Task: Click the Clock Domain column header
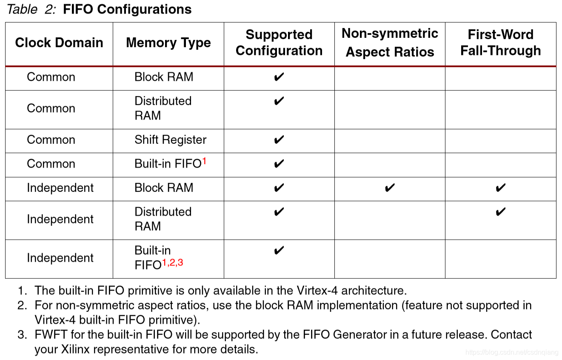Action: (x=59, y=43)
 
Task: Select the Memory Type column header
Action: (x=168, y=43)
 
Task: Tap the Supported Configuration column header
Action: (x=279, y=43)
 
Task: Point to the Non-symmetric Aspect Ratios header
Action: (x=390, y=43)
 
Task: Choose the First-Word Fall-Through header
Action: (x=500, y=43)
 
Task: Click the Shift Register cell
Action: (x=170, y=140)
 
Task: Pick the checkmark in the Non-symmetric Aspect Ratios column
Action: (x=390, y=188)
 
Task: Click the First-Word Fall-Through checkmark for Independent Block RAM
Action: (x=501, y=188)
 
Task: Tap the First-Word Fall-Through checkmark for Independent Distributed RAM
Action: (x=501, y=212)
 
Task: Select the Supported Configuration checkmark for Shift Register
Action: (x=279, y=140)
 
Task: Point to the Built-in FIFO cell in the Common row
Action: (x=168, y=164)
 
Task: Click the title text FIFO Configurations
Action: (x=127, y=9)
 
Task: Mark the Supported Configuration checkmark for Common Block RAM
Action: (x=279, y=77)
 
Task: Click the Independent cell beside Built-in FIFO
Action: (x=60, y=258)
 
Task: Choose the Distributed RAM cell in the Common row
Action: (x=163, y=109)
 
